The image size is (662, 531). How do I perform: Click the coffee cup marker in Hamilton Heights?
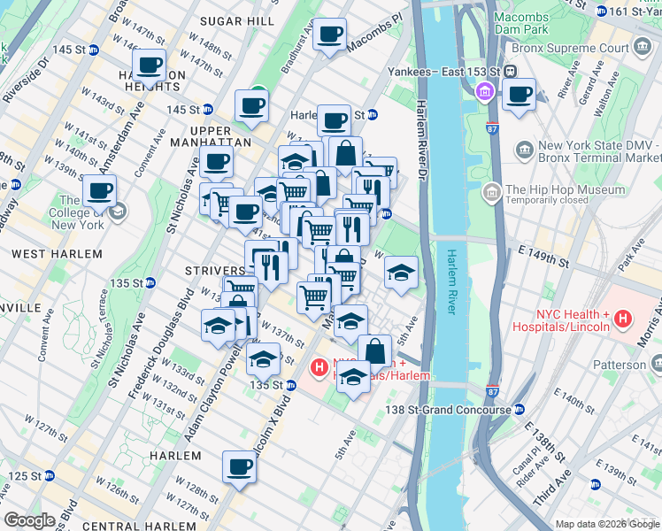coord(149,65)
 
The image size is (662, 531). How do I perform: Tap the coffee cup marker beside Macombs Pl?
coord(330,35)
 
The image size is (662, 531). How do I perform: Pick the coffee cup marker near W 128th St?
coord(238,466)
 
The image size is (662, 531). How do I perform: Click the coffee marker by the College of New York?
coord(99,190)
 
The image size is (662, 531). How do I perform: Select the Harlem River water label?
coord(450,281)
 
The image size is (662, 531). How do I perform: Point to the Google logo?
coord(30,519)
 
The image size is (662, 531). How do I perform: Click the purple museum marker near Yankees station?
coord(484,90)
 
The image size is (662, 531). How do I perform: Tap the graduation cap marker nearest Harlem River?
coord(401,273)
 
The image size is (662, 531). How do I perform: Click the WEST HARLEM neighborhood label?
coord(56,254)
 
